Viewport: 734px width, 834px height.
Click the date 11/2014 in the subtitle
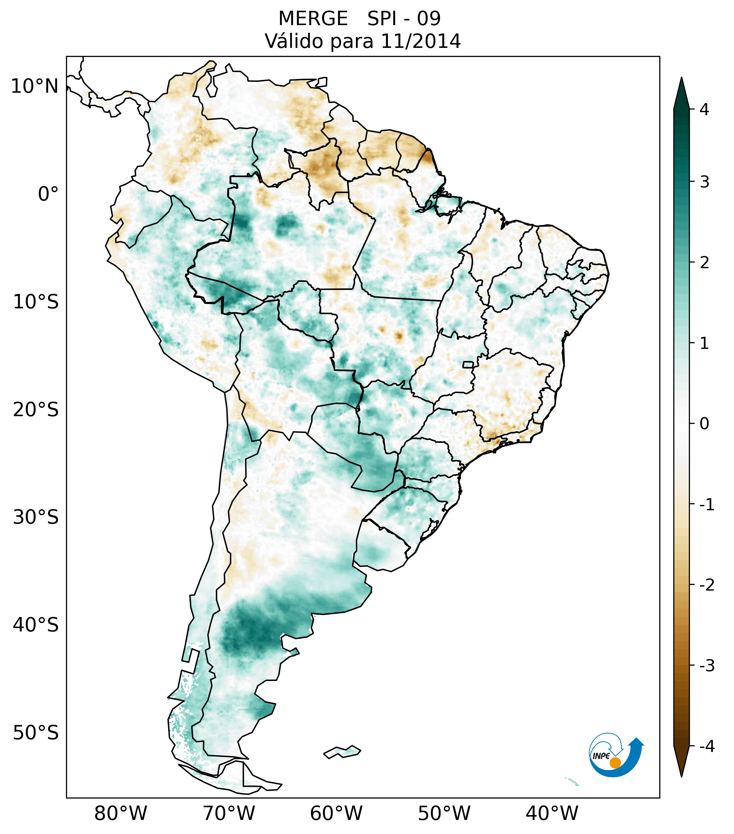(420, 41)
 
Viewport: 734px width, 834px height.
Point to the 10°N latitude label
(35, 86)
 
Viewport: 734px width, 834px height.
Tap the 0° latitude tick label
(48, 194)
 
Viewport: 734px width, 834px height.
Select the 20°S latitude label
(36, 410)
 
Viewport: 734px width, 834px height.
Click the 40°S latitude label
(36, 625)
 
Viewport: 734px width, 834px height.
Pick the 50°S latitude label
(36, 733)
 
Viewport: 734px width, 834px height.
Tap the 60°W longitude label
(336, 813)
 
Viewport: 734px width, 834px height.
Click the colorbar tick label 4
(704, 109)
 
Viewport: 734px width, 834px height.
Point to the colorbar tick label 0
(704, 424)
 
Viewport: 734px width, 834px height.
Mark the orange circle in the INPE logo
(615, 763)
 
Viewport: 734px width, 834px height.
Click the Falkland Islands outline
(342, 751)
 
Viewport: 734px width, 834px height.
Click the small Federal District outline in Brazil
(468, 364)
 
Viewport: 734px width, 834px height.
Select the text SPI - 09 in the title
(404, 19)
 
